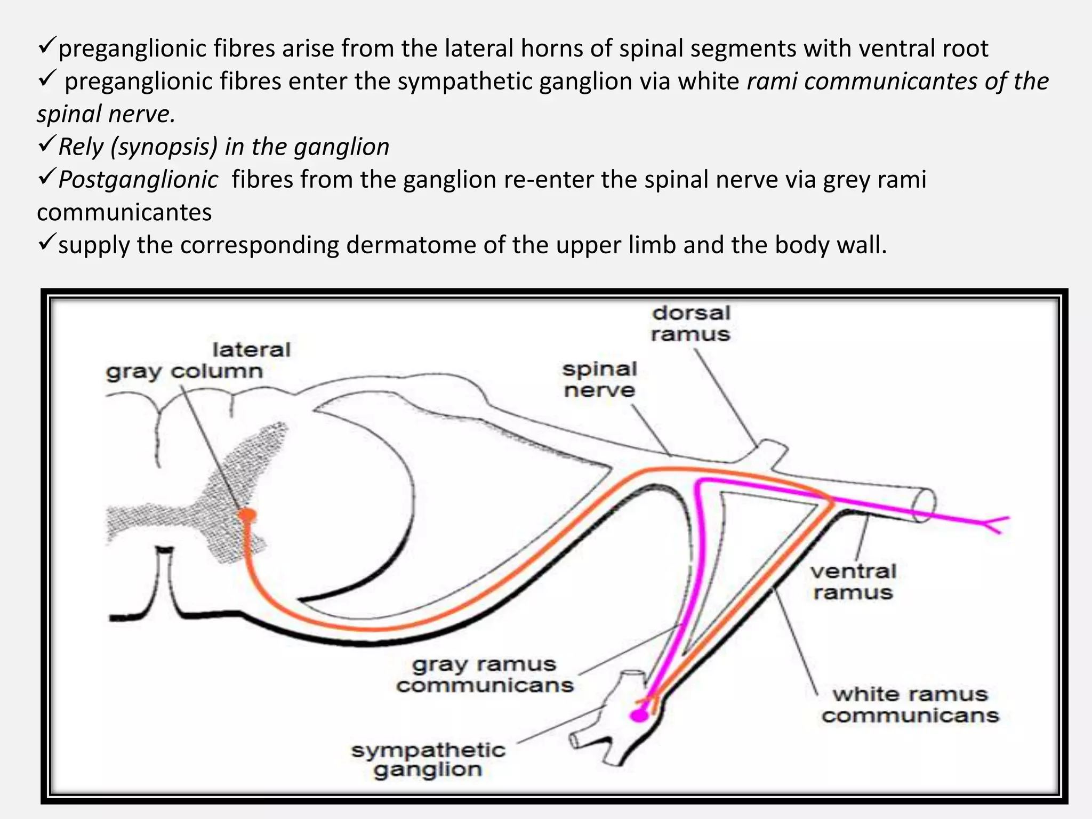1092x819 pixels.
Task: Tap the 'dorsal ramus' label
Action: coord(690,324)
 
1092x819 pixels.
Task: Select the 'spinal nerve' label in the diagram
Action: coord(600,380)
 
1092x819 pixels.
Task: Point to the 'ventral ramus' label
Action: coord(853,582)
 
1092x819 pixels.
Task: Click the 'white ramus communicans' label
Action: coord(910,704)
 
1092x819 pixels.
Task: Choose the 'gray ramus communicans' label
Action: coord(485,675)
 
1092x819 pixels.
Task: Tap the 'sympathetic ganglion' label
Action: coord(428,760)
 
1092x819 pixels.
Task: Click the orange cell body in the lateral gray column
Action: coord(247,515)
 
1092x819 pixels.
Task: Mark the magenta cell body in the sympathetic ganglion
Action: coord(639,715)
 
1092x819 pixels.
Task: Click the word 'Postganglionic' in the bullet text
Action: coord(138,180)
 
